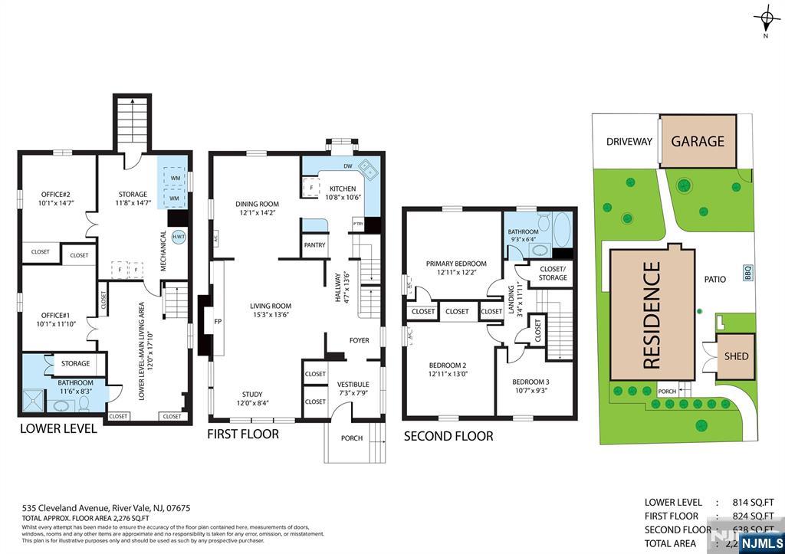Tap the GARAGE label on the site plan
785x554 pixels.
click(698, 141)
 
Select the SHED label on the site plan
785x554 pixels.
click(736, 356)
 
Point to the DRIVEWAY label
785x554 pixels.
click(629, 142)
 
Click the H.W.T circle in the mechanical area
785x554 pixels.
click(178, 238)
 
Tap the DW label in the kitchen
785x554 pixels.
click(348, 166)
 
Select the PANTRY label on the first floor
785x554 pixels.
click(314, 245)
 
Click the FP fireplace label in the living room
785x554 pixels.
click(218, 322)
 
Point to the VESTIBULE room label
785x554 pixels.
click(353, 385)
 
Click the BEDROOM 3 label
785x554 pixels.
click(530, 382)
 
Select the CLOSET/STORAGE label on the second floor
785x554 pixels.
click(553, 273)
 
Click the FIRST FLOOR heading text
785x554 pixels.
click(243, 434)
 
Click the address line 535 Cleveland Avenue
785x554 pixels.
click(106, 508)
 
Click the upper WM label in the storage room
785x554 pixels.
click(175, 179)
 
